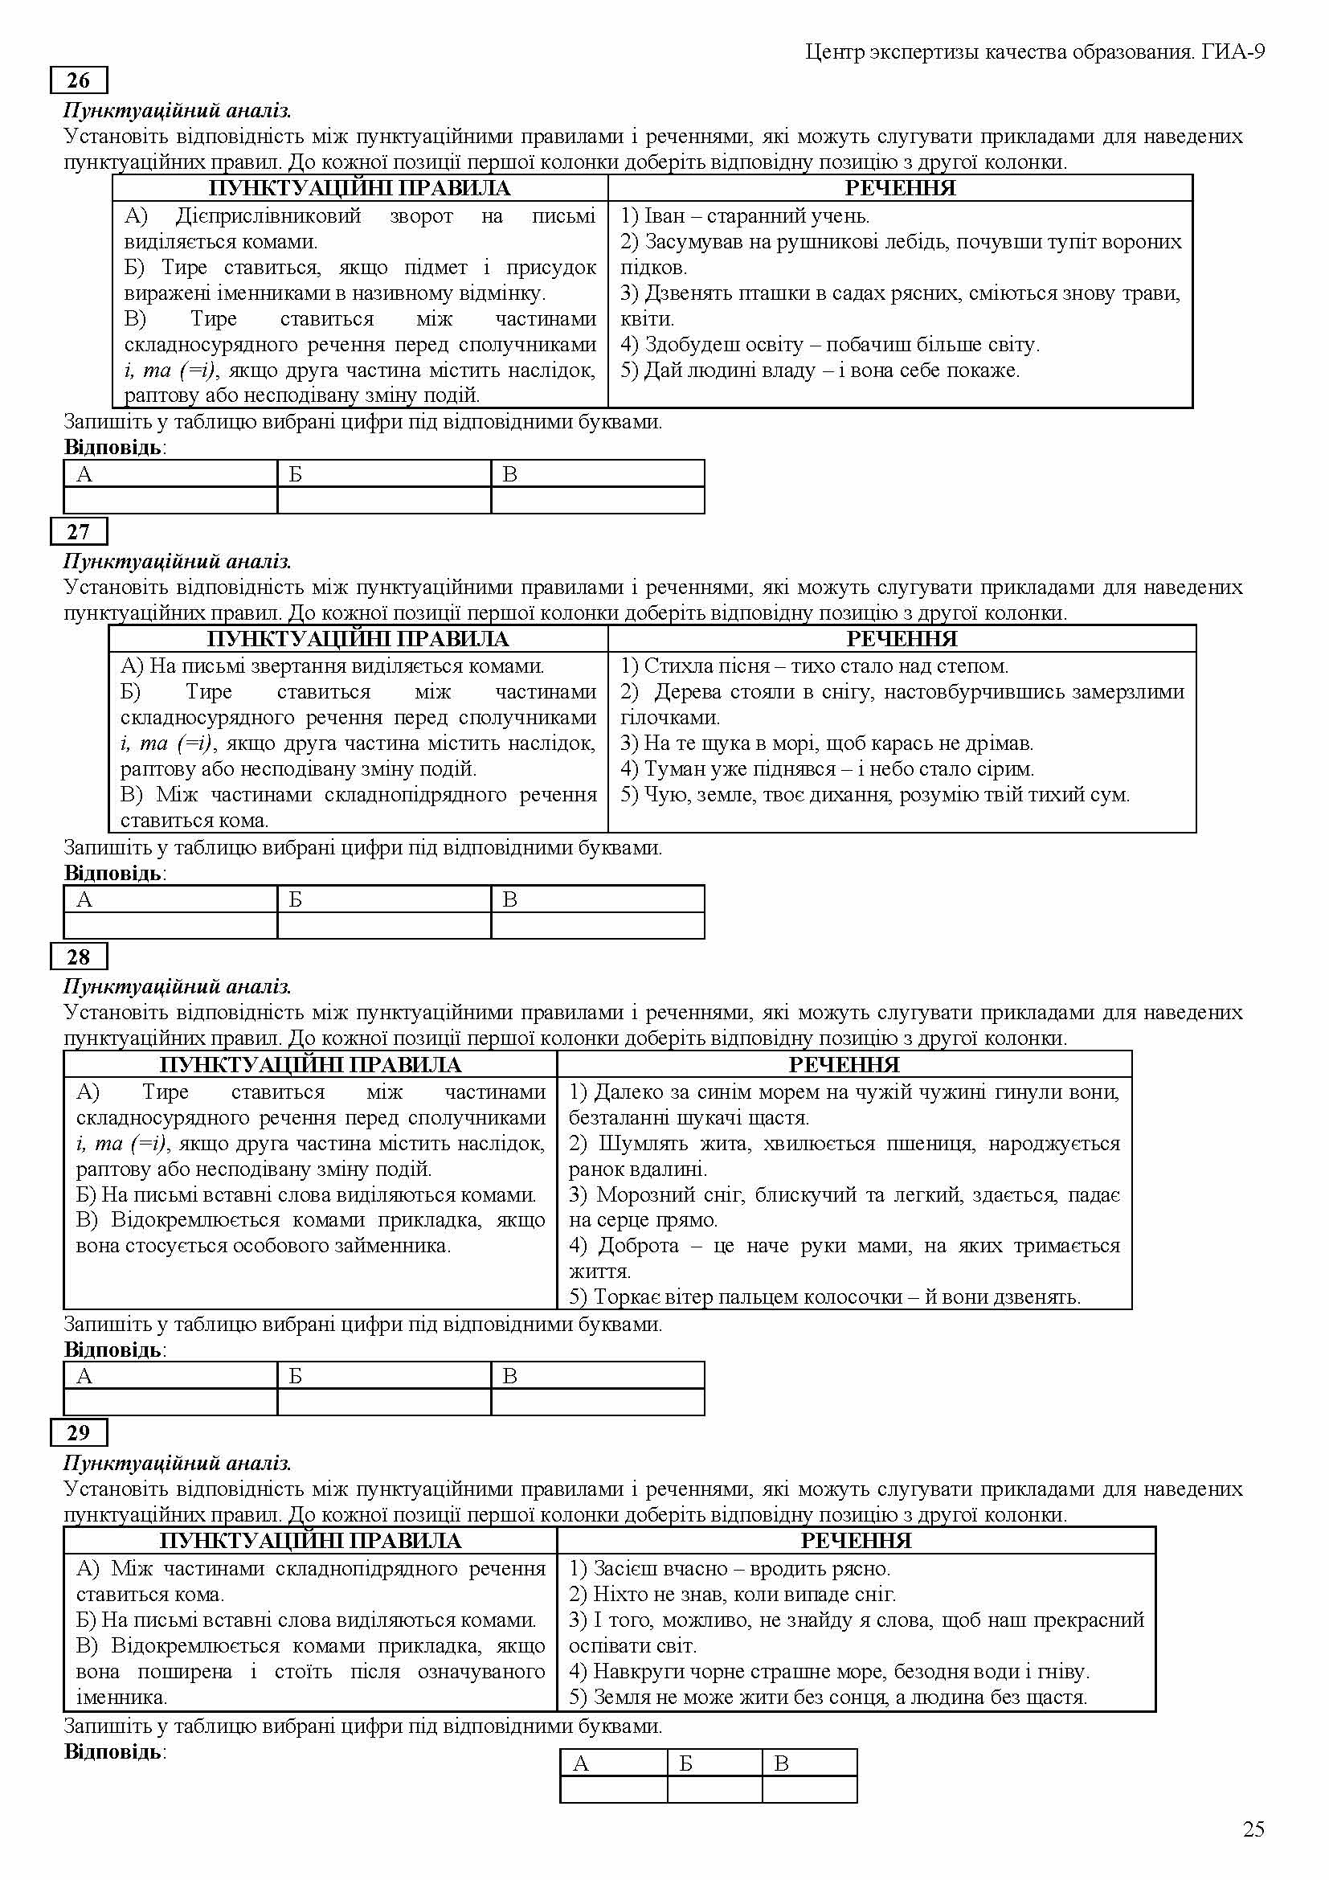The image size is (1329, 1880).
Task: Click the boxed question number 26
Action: (79, 80)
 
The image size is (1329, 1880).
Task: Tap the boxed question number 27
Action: (79, 531)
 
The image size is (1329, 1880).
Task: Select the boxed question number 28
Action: (79, 956)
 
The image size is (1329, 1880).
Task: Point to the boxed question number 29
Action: (79, 1432)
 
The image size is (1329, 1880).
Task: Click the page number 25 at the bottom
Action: (1253, 1829)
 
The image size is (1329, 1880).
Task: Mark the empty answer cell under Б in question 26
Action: (384, 499)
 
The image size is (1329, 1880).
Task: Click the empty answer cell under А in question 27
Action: (170, 924)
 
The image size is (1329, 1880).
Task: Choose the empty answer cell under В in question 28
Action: (597, 1401)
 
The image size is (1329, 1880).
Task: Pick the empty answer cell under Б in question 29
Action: (714, 1788)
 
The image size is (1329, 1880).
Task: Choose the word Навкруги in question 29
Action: (634, 1671)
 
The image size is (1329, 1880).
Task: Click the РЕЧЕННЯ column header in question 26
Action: (899, 188)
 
